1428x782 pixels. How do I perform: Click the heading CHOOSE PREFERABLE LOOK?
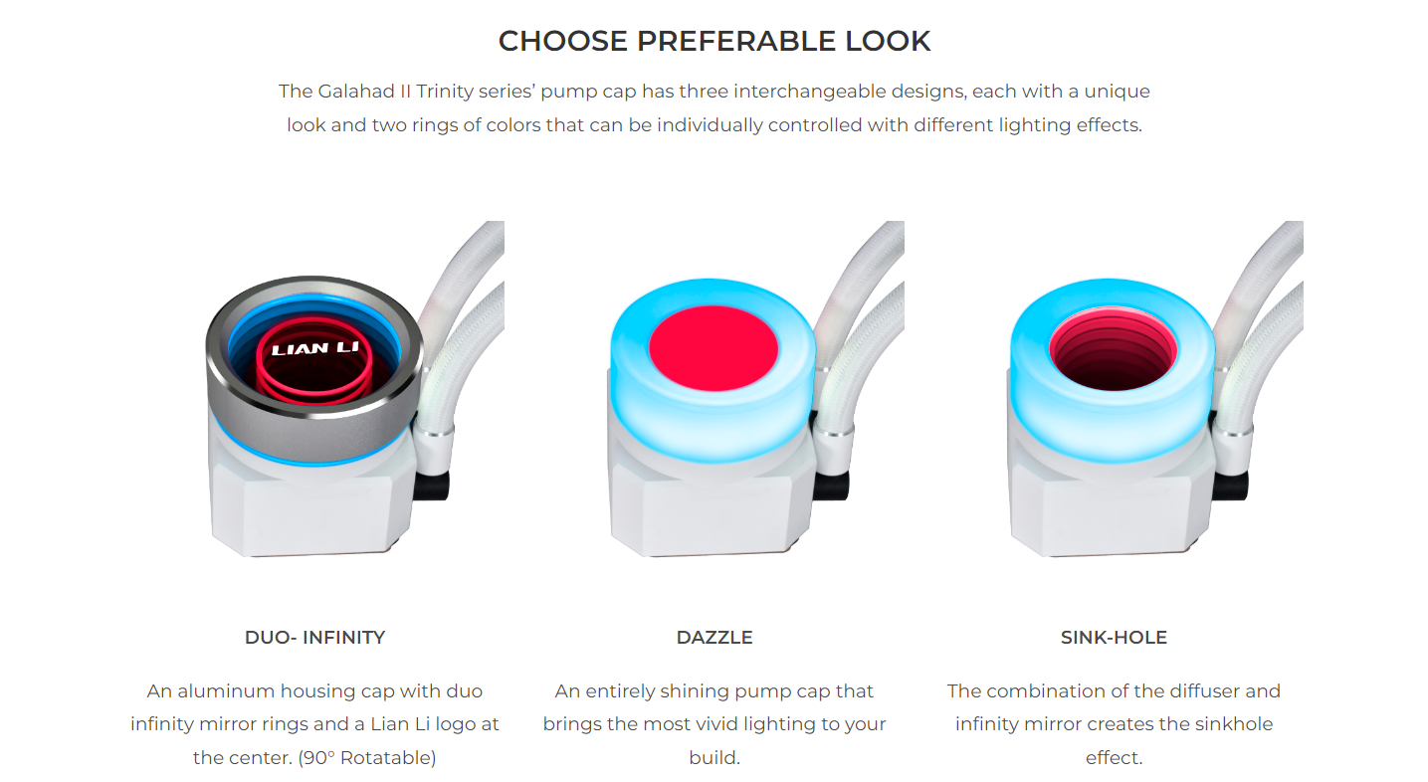click(x=714, y=41)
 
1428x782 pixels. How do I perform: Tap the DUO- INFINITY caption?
click(x=314, y=638)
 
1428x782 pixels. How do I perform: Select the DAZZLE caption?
click(x=714, y=638)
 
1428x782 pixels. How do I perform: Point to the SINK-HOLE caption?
click(x=1114, y=638)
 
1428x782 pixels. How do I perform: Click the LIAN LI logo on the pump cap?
click(x=314, y=348)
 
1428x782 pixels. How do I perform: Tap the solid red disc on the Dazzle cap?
click(x=714, y=348)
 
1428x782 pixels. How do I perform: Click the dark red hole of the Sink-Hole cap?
click(x=1114, y=352)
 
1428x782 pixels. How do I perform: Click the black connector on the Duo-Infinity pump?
click(x=431, y=486)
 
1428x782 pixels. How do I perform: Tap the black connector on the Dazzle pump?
click(x=831, y=486)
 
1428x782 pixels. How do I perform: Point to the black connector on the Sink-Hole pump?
click(x=1230, y=486)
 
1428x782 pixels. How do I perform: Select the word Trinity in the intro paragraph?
click(x=445, y=93)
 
